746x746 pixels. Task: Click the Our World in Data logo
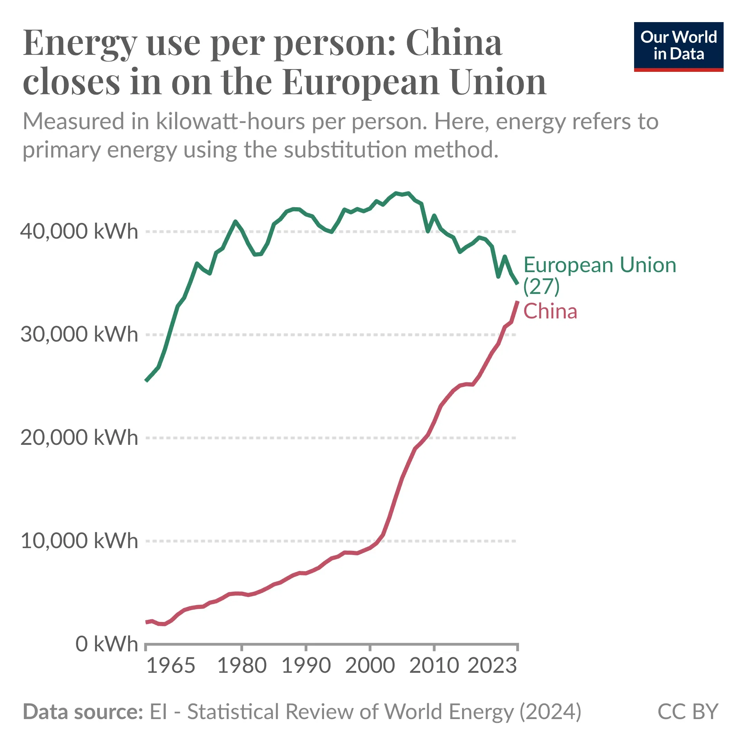pos(678,46)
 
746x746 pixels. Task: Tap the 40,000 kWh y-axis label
pos(79,232)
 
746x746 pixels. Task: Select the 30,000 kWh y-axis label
pos(79,334)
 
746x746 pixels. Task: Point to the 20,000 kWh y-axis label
pos(79,438)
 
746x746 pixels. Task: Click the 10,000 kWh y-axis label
pos(79,541)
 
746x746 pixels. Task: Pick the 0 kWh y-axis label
pos(106,644)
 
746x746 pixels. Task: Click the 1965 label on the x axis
pos(171,666)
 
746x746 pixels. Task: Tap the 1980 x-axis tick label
pos(242,666)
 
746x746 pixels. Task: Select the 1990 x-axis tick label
pos(306,666)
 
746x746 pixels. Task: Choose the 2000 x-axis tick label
pos(370,666)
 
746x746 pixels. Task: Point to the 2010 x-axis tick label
pos(434,666)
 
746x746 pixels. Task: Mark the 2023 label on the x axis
pos(492,666)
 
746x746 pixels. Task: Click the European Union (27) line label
pos(599,275)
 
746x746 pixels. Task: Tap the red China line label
pos(550,311)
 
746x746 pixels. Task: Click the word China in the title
pos(454,43)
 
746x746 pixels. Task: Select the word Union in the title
pos(498,82)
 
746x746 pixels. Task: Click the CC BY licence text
pos(687,711)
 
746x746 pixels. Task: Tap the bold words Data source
pos(83,711)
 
